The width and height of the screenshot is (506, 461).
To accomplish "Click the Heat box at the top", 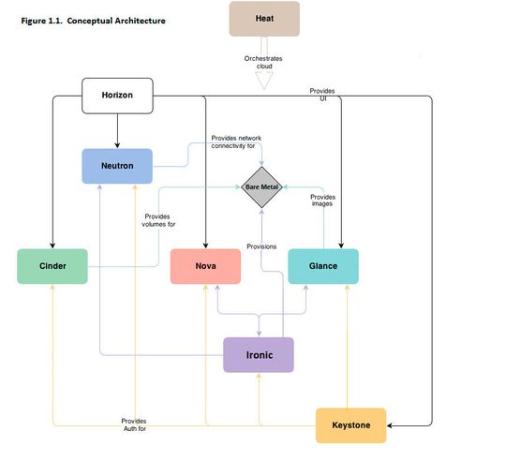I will pos(264,19).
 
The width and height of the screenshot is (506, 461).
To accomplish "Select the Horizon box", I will pos(117,95).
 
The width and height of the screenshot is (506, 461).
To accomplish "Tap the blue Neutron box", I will pos(117,166).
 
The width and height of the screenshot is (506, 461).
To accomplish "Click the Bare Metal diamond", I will pos(263,187).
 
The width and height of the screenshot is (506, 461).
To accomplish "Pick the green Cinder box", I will pos(52,266).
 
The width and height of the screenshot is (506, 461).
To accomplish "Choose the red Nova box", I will pos(205,266).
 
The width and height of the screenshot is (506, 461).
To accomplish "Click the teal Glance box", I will pos(322,266).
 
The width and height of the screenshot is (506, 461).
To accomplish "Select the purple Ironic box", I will pos(259,355).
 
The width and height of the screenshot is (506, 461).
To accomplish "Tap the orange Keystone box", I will pos(350,425).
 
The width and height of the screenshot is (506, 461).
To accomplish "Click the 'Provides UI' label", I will pos(321,94).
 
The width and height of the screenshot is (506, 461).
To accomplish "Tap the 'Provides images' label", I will pos(322,201).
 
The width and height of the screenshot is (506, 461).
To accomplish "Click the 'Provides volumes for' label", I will pos(157,220).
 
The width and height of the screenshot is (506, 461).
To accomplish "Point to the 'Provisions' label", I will pos(261,245).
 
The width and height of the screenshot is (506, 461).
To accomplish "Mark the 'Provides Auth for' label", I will pos(134,425).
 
